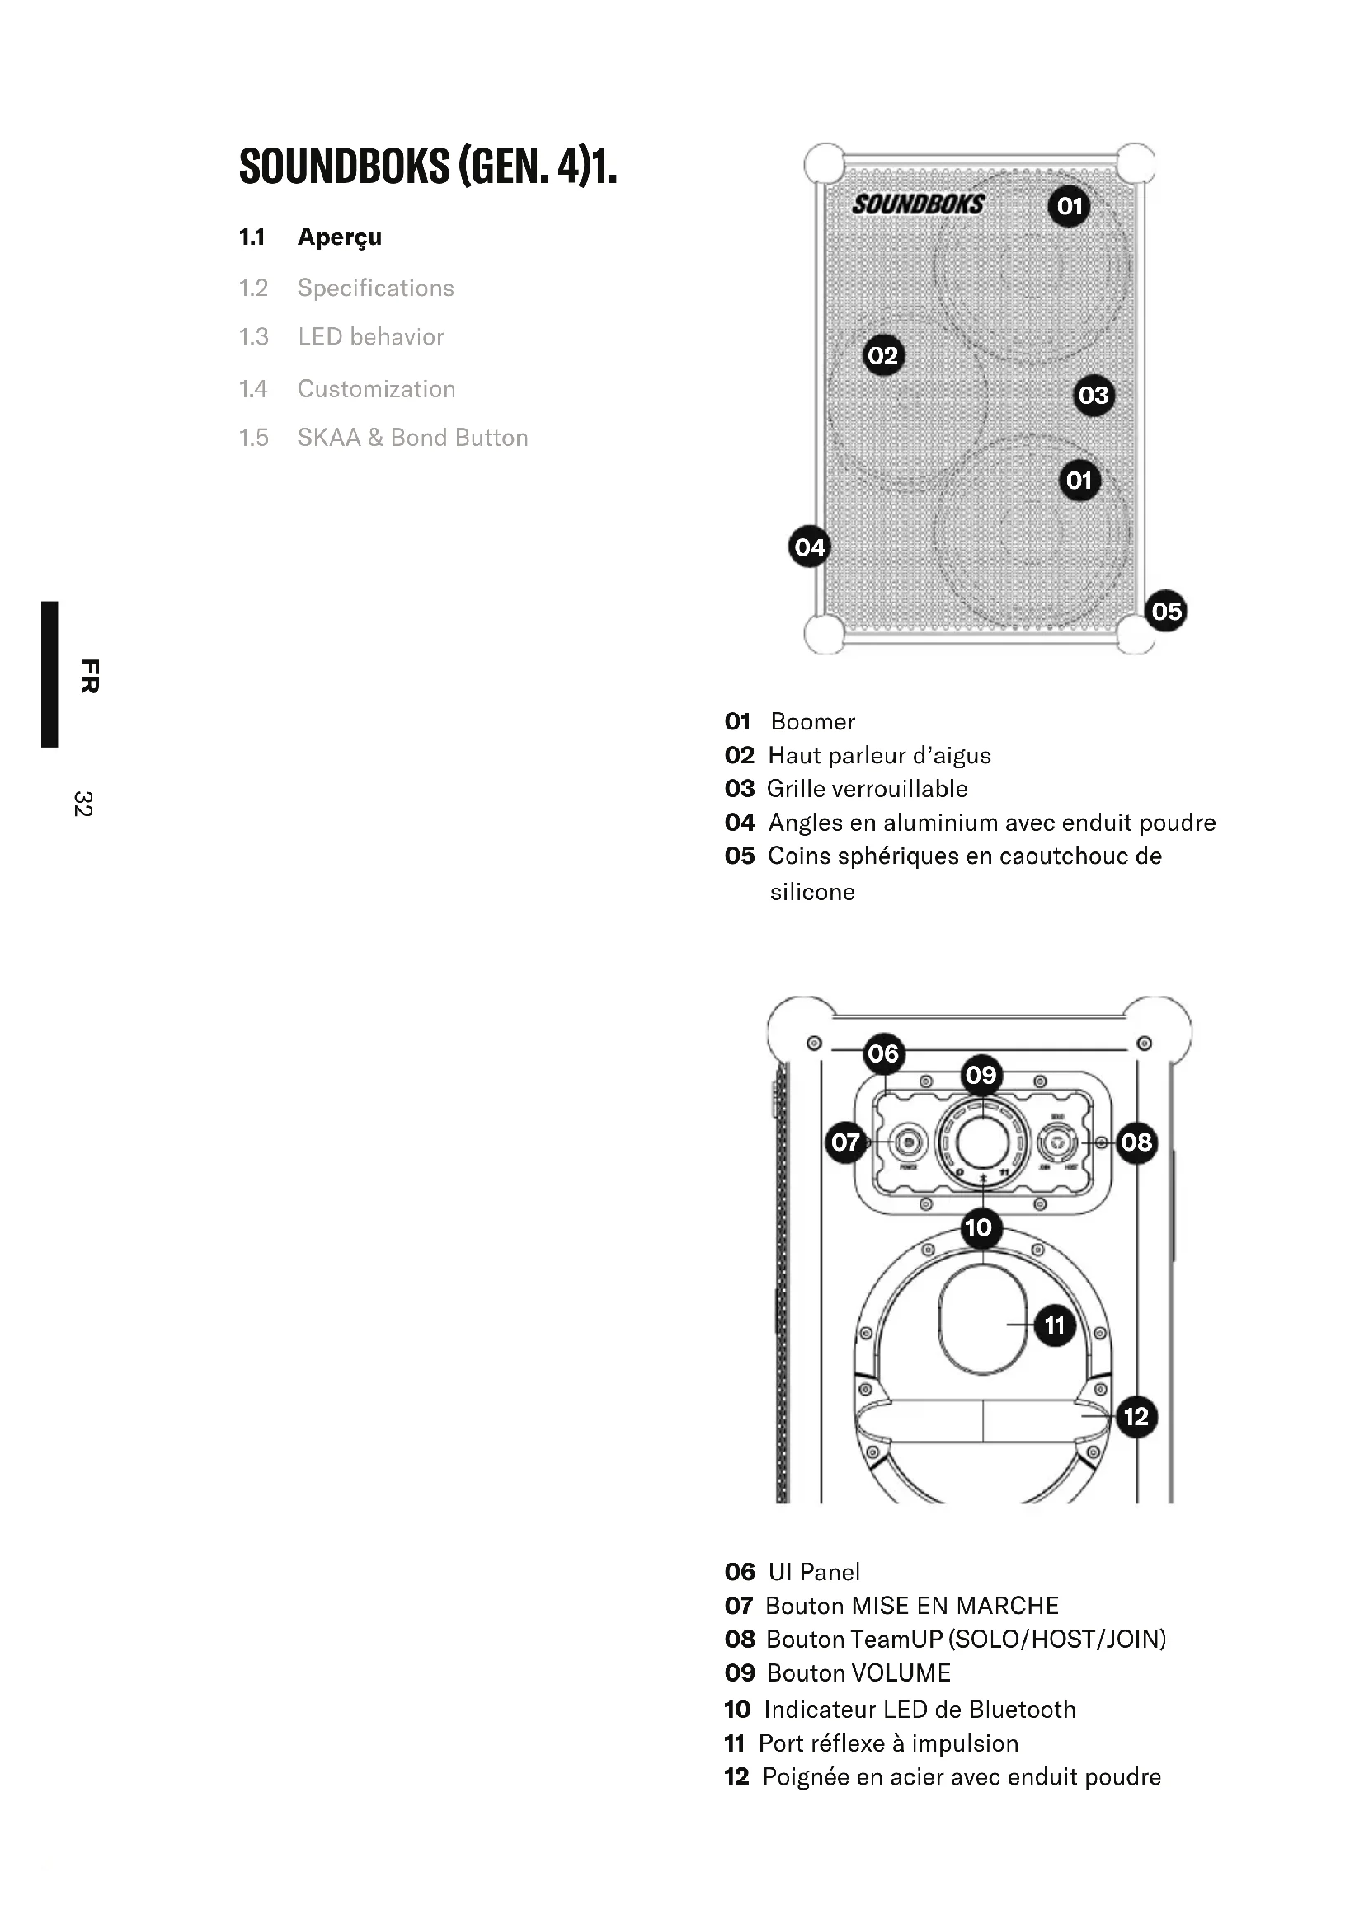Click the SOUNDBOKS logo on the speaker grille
(918, 204)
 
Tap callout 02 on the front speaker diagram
(882, 355)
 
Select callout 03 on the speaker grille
(1094, 395)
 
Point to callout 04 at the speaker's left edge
(810, 547)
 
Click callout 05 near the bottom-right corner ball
(1166, 611)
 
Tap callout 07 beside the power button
(846, 1142)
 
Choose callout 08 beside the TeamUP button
(1136, 1142)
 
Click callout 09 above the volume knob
(981, 1075)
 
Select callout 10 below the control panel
(979, 1227)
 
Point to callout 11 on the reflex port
(1054, 1325)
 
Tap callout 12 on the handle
(1136, 1417)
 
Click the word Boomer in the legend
(812, 721)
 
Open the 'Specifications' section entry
(375, 288)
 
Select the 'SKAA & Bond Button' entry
(412, 438)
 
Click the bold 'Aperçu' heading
(339, 237)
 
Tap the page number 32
(83, 804)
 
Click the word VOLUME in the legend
(901, 1672)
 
